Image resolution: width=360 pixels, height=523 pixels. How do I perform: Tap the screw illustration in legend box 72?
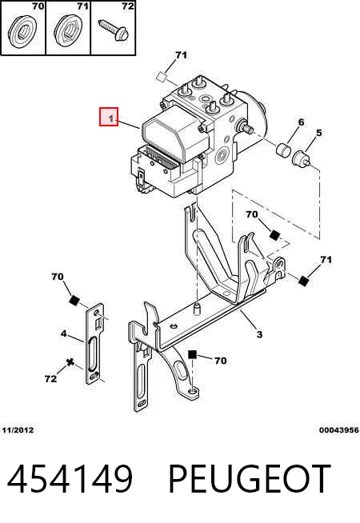[113, 30]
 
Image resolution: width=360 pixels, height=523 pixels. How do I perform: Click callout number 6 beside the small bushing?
[301, 122]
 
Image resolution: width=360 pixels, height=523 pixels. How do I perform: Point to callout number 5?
[319, 133]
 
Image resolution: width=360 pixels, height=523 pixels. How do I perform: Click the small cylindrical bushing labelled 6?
[284, 149]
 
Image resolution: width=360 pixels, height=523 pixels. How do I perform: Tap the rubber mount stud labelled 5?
[302, 158]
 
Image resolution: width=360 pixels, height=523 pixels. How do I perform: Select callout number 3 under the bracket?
[259, 334]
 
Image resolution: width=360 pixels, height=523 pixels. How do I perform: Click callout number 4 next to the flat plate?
[64, 333]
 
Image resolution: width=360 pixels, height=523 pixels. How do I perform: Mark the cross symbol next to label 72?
[70, 362]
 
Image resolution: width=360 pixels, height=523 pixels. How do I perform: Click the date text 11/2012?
[18, 430]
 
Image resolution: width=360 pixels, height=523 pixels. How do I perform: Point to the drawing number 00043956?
[338, 430]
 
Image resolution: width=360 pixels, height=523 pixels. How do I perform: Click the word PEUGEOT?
[250, 479]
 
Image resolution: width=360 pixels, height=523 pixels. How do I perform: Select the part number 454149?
[70, 479]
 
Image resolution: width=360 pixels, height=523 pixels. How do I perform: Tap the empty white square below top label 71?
[162, 77]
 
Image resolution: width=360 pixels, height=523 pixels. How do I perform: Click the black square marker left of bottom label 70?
[192, 354]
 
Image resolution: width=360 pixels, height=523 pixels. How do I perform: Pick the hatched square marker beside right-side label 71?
[303, 281]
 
